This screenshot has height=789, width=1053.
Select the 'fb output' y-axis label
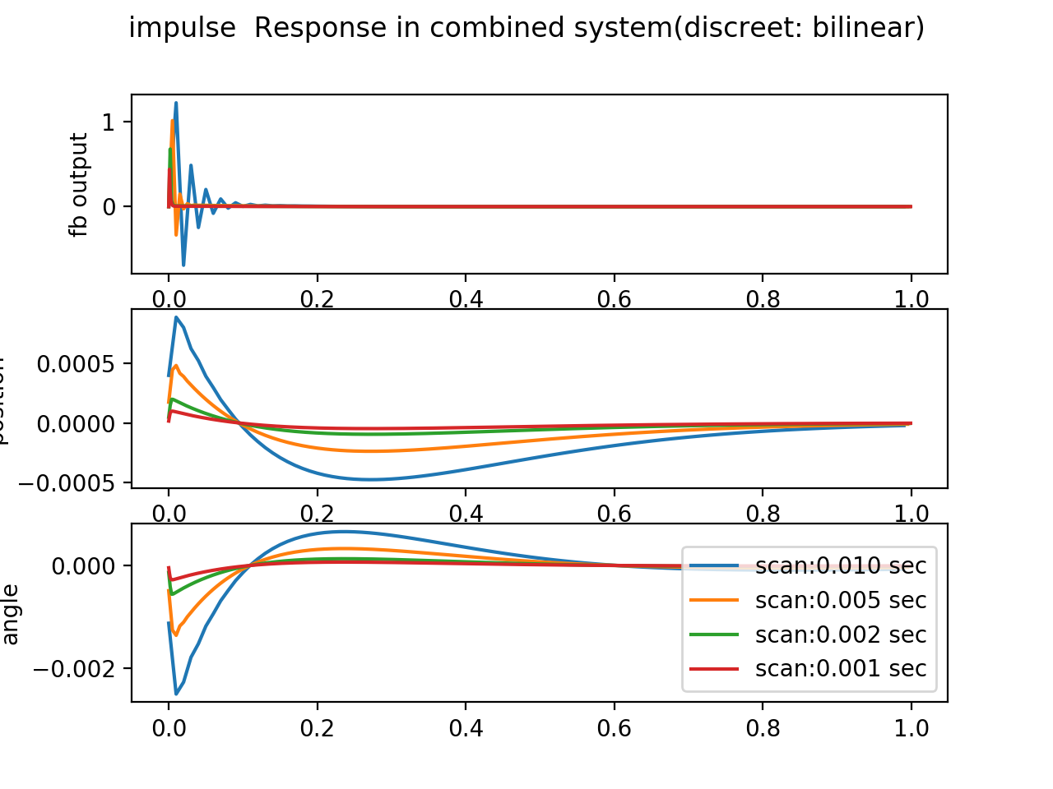click(79, 185)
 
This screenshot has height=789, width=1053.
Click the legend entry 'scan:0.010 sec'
click(840, 565)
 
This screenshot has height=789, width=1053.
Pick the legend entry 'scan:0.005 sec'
click(840, 600)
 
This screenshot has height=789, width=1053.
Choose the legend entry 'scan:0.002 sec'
click(840, 634)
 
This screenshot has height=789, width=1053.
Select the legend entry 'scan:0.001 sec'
click(840, 668)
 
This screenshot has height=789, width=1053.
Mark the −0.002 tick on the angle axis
click(77, 668)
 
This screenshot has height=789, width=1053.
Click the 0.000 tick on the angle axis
click(86, 565)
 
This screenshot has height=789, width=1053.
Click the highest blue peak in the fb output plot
click(175, 104)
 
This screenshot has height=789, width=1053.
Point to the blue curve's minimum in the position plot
click(370, 479)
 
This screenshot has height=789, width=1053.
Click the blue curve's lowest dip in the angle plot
click(176, 694)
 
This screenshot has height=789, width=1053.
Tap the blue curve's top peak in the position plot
click(176, 317)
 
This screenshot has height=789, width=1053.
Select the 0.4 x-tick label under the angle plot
click(466, 728)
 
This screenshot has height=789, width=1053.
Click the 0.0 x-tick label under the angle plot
click(169, 728)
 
